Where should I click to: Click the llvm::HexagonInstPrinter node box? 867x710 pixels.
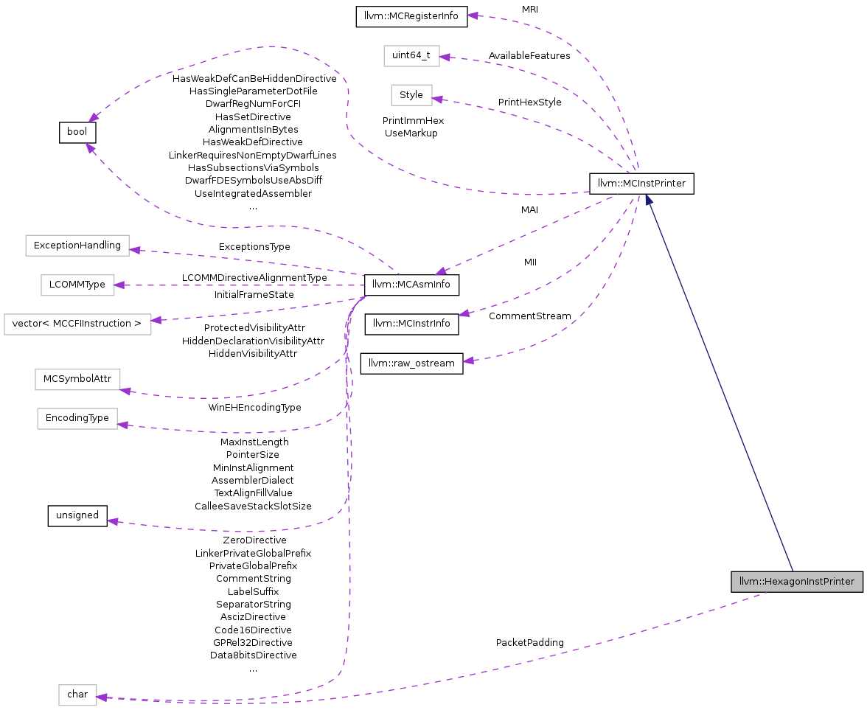click(797, 582)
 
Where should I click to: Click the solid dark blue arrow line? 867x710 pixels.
click(719, 383)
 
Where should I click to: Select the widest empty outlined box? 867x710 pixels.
click(77, 324)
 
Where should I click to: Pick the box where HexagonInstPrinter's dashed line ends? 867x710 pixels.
click(77, 695)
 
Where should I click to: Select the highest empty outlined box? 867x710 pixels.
click(411, 56)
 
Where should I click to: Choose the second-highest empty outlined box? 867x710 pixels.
click(411, 95)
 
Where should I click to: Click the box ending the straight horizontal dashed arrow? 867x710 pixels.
click(77, 285)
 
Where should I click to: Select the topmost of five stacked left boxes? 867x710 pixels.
click(77, 246)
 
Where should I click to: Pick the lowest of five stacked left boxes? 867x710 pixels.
click(77, 419)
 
